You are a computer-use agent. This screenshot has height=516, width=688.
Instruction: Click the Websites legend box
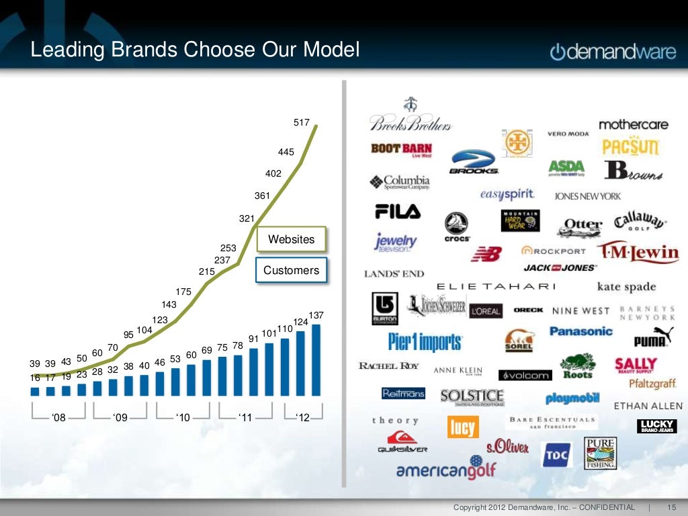pos(291,239)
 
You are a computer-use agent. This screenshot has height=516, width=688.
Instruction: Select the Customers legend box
pos(291,270)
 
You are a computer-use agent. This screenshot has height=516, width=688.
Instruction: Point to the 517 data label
pos(302,122)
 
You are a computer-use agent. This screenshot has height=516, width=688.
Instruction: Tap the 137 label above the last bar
pos(316,315)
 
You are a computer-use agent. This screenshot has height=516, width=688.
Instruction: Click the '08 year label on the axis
pos(58,418)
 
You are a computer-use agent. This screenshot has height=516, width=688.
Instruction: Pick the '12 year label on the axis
pos(302,418)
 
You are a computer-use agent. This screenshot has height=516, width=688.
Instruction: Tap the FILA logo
pos(398,212)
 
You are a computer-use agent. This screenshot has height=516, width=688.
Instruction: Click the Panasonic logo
pos(581,331)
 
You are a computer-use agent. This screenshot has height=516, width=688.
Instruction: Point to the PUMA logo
pos(649,337)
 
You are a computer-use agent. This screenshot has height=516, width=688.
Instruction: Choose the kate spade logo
pos(626,287)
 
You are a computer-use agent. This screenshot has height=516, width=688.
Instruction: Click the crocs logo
pos(457,226)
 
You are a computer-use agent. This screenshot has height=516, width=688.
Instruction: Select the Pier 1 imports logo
pos(425,341)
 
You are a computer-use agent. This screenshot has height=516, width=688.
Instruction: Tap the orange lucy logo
pos(462,427)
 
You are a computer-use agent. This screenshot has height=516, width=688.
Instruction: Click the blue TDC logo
pos(556,455)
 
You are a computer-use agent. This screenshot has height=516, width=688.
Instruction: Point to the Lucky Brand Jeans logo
pos(656,426)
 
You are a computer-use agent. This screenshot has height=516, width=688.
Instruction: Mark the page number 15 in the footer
pos(671,507)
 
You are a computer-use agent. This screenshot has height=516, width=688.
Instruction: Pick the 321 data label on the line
pos(247,219)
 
